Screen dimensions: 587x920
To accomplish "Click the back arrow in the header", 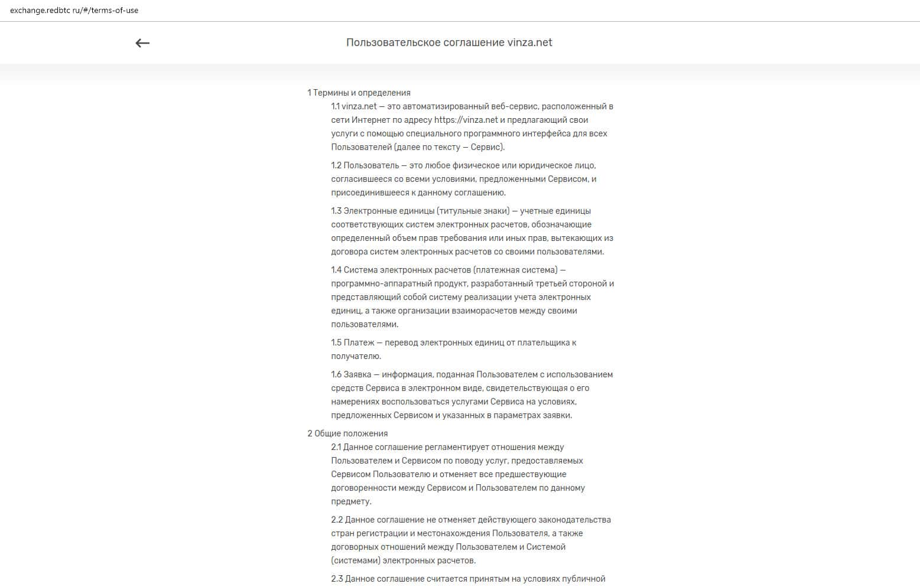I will point(142,43).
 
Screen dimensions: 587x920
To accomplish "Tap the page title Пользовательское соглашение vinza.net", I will point(449,43).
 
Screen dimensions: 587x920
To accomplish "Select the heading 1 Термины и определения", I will point(359,93).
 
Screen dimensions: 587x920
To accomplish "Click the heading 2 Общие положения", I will point(347,433).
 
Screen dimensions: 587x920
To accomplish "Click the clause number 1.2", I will point(336,165).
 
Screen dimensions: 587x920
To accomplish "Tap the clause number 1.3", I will point(336,211).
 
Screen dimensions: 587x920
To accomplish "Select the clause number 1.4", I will point(336,270).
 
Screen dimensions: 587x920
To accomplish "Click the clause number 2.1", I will point(336,447).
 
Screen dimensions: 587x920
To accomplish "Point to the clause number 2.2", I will point(337,520).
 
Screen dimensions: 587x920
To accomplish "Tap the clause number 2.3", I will point(337,579).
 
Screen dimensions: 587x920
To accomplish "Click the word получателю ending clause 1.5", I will point(356,356).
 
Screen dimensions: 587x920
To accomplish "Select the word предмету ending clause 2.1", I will point(351,501).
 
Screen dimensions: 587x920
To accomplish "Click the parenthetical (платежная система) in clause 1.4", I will point(515,270).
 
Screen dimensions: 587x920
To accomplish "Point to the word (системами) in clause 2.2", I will point(356,560).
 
